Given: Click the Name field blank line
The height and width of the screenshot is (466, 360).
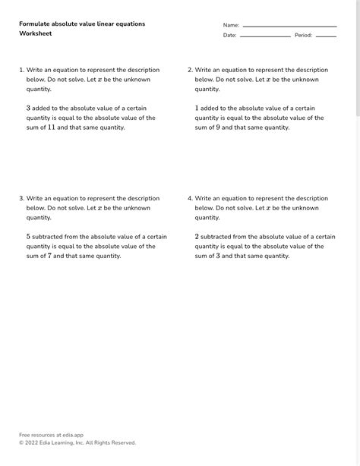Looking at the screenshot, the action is tap(289, 26).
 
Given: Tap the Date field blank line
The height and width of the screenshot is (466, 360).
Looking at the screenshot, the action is tap(265, 36).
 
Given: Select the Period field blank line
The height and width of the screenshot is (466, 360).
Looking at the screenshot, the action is tap(326, 36).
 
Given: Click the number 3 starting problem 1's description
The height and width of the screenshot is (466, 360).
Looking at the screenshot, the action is tap(29, 109).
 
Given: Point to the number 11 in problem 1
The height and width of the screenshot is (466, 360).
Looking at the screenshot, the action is tap(52, 128).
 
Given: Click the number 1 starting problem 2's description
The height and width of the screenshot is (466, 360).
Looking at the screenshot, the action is tap(197, 109).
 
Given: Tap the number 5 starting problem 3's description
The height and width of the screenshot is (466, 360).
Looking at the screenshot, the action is tap(29, 237).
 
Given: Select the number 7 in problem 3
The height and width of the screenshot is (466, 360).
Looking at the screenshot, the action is tap(50, 256).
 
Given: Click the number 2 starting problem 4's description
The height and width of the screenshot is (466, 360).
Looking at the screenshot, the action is tap(197, 237).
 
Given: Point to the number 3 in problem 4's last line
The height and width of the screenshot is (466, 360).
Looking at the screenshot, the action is tap(219, 256).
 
